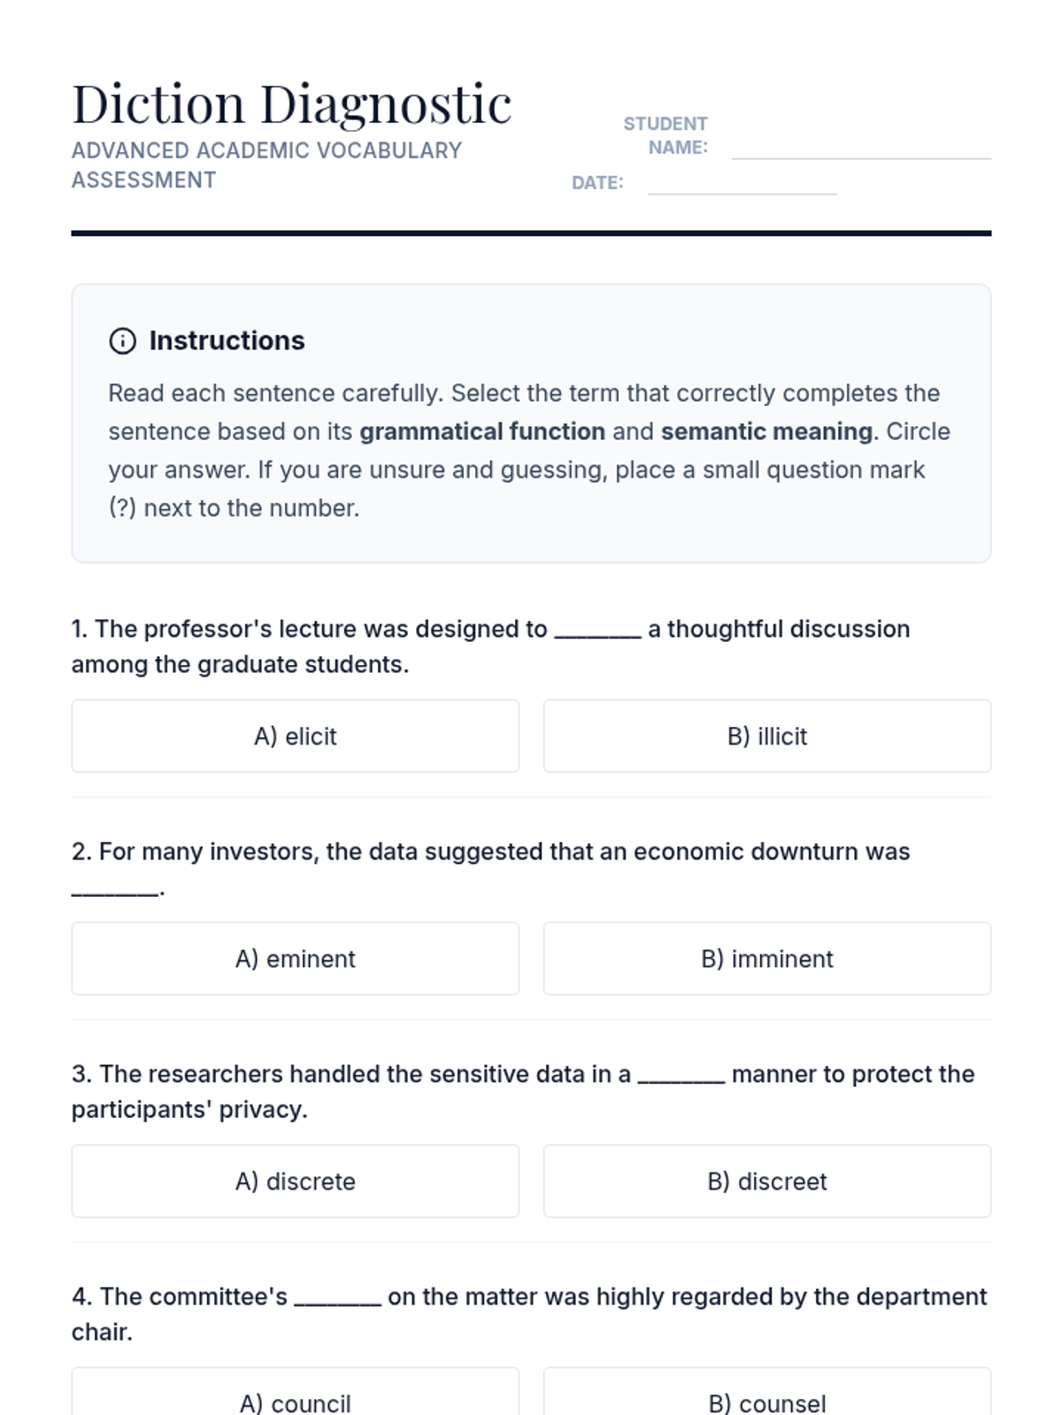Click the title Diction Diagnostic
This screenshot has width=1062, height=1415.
click(291, 104)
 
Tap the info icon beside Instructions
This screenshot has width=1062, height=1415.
click(122, 341)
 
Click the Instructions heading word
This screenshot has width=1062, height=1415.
click(227, 341)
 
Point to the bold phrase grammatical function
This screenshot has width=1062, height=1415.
click(482, 432)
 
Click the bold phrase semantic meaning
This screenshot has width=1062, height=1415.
click(766, 432)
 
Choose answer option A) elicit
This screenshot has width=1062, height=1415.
click(295, 737)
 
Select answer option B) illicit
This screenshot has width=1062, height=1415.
click(766, 737)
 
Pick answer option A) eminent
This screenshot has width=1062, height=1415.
click(295, 960)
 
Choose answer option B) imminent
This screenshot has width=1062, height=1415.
click(766, 960)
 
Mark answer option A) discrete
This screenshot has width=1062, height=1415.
click(295, 1182)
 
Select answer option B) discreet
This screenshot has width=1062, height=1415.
click(766, 1182)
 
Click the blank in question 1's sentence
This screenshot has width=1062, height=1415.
click(597, 631)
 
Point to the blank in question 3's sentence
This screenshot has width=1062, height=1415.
click(681, 1077)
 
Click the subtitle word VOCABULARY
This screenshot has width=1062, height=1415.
click(389, 151)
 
